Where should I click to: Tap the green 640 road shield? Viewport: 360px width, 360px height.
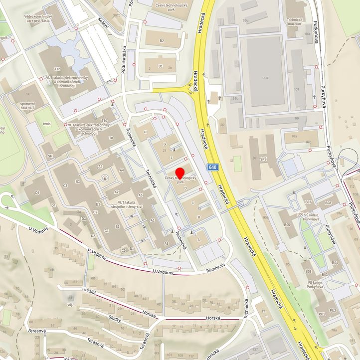(213, 167)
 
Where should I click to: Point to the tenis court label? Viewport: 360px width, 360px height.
(47, 124)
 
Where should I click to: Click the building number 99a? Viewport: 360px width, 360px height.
(266, 78)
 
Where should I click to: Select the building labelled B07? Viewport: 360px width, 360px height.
(308, 202)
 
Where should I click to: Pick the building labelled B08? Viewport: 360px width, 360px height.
(328, 203)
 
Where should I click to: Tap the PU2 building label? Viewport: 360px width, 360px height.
(333, 311)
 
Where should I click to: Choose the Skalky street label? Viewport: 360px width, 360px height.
(115, 321)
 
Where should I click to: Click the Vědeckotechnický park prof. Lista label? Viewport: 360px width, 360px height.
(45, 18)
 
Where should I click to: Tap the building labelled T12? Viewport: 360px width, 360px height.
(57, 69)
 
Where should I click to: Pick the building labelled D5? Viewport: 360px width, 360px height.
(37, 192)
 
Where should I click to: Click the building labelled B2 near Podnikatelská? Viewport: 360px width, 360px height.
(162, 40)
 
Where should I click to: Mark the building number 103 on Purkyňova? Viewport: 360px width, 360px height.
(307, 34)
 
